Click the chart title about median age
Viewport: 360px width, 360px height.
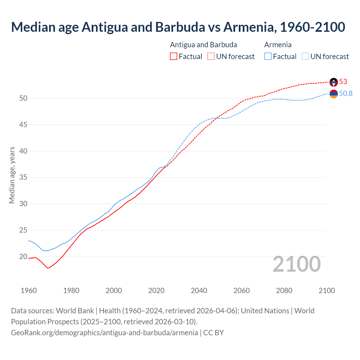[178, 27]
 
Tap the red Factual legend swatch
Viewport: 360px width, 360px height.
[174, 57]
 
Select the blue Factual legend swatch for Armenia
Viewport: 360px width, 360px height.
[268, 57]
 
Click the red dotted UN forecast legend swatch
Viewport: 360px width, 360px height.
[211, 57]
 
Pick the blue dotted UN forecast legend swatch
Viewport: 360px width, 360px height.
[305, 57]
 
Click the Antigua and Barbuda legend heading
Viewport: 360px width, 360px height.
[203, 45]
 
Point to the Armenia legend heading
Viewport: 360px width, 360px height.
[278, 45]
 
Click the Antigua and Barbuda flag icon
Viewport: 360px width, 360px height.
[334, 82]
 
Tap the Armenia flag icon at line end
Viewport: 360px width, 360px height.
[334, 94]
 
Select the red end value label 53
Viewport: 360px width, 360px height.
[343, 82]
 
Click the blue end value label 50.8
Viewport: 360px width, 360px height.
[346, 94]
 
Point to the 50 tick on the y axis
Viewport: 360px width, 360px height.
[23, 98]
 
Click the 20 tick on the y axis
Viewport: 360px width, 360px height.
[23, 257]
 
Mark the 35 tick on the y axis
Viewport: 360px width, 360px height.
[23, 177]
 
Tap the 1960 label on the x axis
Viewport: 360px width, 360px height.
[29, 291]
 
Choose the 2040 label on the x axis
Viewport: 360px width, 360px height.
[199, 291]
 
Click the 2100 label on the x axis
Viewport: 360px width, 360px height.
[327, 291]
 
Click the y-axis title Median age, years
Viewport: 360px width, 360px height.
[12, 175]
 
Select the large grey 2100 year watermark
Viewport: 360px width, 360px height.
[296, 264]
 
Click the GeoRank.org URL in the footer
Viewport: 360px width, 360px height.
[104, 333]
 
